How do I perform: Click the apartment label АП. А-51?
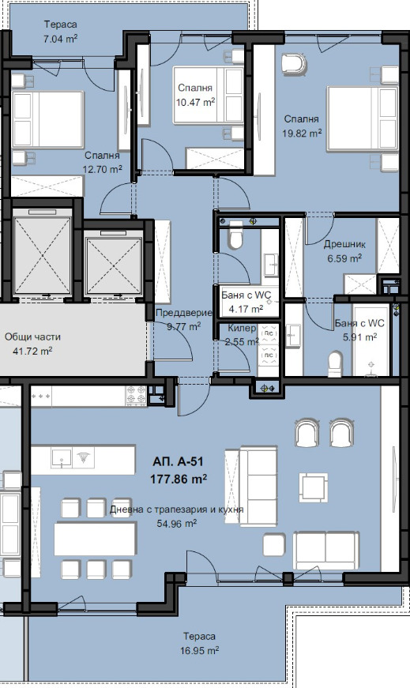[x=178, y=461]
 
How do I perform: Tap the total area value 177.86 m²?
[x=179, y=479]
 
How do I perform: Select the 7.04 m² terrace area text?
[x=60, y=39]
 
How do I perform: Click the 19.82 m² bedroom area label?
[x=302, y=133]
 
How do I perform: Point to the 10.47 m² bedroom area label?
[x=195, y=102]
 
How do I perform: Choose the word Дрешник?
[x=344, y=244]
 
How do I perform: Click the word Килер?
[x=242, y=329]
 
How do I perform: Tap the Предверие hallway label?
[x=184, y=313]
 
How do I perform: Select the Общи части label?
[x=32, y=337]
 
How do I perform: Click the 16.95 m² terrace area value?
[x=199, y=650]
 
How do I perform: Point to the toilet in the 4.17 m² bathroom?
[x=235, y=235]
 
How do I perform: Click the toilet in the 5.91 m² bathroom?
[x=335, y=363]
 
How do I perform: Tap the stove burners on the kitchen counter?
[x=136, y=394]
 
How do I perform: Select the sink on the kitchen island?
[x=61, y=457]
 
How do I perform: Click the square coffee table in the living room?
[x=314, y=487]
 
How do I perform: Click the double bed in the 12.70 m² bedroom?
[x=48, y=119]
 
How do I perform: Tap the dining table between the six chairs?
[x=96, y=539]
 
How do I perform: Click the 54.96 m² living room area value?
[x=176, y=524]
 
